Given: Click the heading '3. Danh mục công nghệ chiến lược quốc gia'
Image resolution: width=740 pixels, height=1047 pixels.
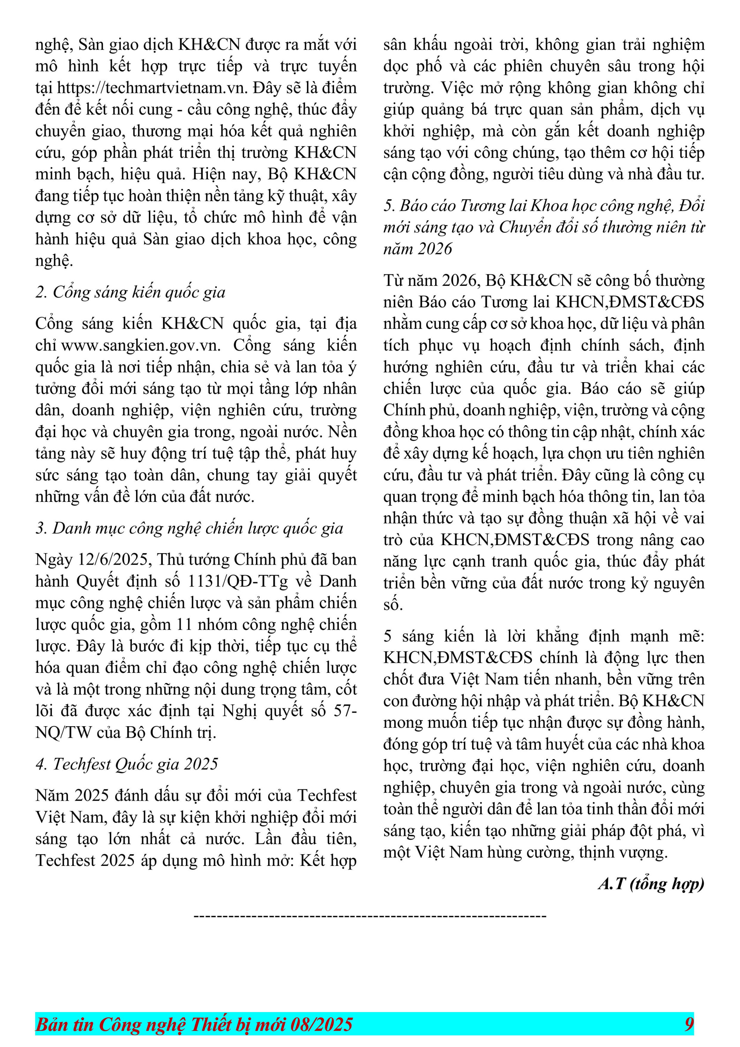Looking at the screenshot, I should (189, 528).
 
